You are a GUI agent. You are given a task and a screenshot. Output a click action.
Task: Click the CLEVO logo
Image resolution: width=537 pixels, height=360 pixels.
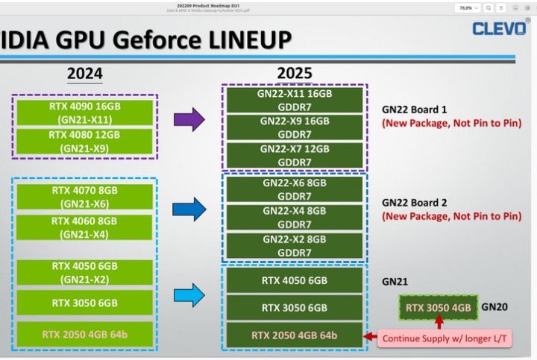coord(500,28)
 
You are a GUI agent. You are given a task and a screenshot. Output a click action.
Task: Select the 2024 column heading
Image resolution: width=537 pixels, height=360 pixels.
coord(84,74)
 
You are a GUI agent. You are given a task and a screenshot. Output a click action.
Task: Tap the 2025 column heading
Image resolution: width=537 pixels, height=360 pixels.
coord(294,74)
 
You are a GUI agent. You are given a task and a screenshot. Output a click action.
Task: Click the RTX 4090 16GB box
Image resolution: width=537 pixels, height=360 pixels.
coord(84,112)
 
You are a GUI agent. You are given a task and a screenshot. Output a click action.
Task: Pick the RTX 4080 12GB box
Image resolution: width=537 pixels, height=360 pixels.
coord(84,141)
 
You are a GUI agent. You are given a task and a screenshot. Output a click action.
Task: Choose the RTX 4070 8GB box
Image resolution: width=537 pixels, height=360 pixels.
coord(84,196)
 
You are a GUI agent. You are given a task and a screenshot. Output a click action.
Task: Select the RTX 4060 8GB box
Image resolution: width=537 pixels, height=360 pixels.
coord(84,227)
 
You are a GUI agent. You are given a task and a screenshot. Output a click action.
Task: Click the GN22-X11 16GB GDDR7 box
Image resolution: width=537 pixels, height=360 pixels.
coord(294,100)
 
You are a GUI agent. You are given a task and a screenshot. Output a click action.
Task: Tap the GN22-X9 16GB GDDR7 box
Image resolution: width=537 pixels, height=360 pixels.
coord(294,128)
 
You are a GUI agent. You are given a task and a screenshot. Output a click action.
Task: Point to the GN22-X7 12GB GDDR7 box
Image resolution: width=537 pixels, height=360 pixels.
coord(294,156)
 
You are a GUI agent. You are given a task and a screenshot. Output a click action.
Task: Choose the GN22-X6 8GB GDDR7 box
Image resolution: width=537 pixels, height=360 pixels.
coord(294,189)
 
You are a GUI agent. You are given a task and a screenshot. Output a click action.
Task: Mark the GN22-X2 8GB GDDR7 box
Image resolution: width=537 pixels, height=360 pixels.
coord(294,245)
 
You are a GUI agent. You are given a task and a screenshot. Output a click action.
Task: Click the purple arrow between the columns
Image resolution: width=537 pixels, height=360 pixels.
coord(188,119)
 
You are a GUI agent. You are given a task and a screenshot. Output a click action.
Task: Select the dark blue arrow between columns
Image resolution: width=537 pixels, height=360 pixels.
coord(188,209)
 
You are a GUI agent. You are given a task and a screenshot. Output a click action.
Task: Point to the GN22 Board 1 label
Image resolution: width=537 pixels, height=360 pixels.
coord(415,109)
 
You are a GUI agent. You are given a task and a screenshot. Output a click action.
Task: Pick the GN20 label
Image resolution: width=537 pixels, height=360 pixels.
coord(494,306)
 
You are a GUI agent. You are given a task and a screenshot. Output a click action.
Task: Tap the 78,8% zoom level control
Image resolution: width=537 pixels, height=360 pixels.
coord(466,7)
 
